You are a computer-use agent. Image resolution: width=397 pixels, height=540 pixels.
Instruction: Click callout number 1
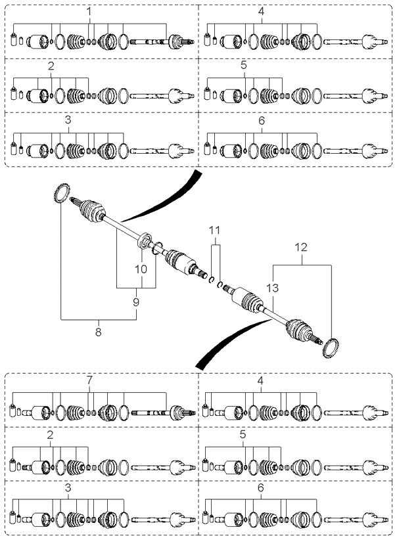[89, 11]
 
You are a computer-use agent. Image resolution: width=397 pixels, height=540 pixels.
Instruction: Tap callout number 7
[89, 380]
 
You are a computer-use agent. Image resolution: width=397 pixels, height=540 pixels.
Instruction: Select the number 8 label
[99, 332]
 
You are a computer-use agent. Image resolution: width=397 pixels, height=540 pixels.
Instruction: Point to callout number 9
[136, 302]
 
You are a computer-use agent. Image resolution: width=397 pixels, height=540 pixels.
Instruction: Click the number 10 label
[141, 269]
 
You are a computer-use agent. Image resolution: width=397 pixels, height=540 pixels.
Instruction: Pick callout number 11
[214, 230]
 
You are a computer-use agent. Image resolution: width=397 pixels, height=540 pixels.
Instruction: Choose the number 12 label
[301, 247]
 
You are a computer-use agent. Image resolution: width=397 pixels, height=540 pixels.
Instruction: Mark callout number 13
[272, 288]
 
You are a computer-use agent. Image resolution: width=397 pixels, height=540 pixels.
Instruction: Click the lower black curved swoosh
[227, 340]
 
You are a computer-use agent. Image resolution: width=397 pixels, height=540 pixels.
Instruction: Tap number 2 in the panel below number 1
[51, 66]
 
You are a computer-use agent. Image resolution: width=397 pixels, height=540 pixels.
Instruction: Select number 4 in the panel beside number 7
[260, 380]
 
